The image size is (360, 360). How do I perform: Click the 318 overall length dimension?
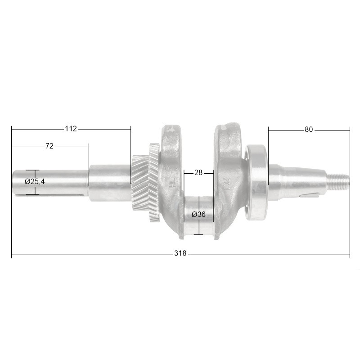tap(180, 254)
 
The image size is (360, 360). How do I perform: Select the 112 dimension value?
tap(71, 129)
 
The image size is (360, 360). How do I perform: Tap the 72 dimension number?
tap(49, 146)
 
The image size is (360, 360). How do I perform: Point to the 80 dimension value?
tap(308, 130)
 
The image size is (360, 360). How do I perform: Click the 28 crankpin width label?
tap(198, 173)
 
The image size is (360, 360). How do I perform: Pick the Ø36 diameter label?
tap(198, 215)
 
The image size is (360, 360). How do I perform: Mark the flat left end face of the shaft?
tap(13, 182)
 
